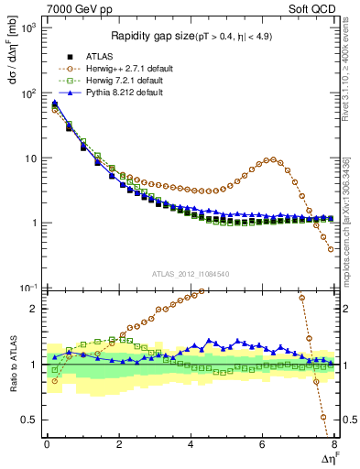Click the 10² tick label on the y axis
[28, 93]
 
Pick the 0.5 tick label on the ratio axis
[29, 420]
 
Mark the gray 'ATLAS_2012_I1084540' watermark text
[191, 274]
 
